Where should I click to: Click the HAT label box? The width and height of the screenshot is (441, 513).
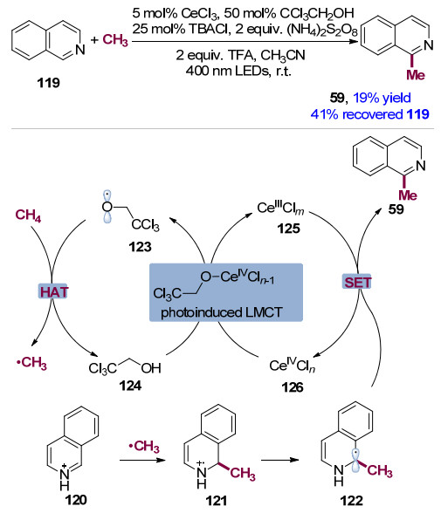pyautogui.click(x=53, y=291)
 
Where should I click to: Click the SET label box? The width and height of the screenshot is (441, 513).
pyautogui.click(x=357, y=282)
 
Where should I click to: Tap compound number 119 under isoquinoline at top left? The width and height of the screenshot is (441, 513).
pyautogui.click(x=48, y=83)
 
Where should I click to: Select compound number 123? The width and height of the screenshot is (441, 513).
pyautogui.click(x=140, y=247)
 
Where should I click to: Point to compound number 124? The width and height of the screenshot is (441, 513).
pyautogui.click(x=130, y=386)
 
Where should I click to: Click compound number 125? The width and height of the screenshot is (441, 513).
pyautogui.click(x=288, y=229)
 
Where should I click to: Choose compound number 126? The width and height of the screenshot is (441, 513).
pyautogui.click(x=293, y=387)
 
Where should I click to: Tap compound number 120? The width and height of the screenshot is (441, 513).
pyautogui.click(x=76, y=500)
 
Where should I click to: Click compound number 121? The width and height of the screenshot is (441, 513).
pyautogui.click(x=217, y=501)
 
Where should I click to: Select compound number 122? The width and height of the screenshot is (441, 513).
pyautogui.click(x=352, y=501)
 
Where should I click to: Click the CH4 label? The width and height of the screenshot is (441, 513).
pyautogui.click(x=28, y=215)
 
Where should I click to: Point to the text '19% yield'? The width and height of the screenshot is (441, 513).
pyautogui.click(x=382, y=98)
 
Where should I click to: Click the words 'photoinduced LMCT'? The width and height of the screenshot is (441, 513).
pyautogui.click(x=221, y=312)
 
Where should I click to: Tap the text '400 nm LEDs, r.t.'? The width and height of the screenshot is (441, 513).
pyautogui.click(x=238, y=71)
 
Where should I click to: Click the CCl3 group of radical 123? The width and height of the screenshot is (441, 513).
pyautogui.click(x=145, y=225)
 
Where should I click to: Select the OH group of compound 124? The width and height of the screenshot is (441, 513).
pyautogui.click(x=151, y=368)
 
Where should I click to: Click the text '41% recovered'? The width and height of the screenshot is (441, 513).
pyautogui.click(x=357, y=114)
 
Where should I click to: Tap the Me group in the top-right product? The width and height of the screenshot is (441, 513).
pyautogui.click(x=416, y=75)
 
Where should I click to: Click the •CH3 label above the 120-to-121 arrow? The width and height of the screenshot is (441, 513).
pyautogui.click(x=144, y=447)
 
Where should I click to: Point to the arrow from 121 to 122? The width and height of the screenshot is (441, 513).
pyautogui.click(x=280, y=460)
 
